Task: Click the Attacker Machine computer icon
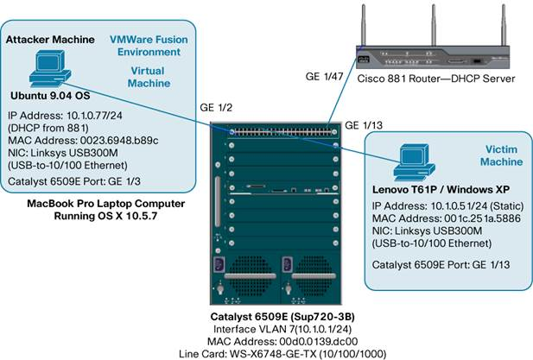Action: (x=50, y=68)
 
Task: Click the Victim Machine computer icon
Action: (x=415, y=162)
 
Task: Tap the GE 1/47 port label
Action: (x=324, y=77)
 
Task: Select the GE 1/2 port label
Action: (x=216, y=108)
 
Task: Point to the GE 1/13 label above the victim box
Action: (x=364, y=125)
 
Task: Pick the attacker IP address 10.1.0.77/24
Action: (x=94, y=116)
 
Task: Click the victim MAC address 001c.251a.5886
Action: (x=482, y=218)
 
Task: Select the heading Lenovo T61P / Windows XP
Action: (x=441, y=190)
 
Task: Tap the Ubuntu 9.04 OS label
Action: (x=50, y=96)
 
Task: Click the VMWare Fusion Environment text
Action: (x=149, y=46)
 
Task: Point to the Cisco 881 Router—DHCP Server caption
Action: (x=436, y=79)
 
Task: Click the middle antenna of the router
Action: (x=434, y=25)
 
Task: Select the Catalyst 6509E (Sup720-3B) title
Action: (x=282, y=317)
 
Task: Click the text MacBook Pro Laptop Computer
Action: (x=106, y=204)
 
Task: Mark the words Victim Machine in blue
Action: (x=501, y=155)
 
